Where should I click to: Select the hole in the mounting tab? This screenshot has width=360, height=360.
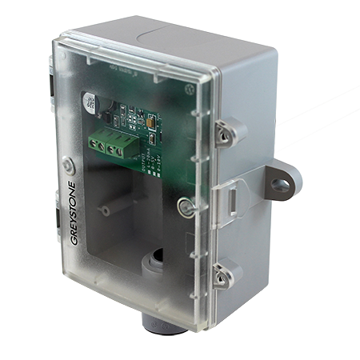278,186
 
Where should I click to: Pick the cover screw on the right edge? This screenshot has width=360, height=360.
186,207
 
